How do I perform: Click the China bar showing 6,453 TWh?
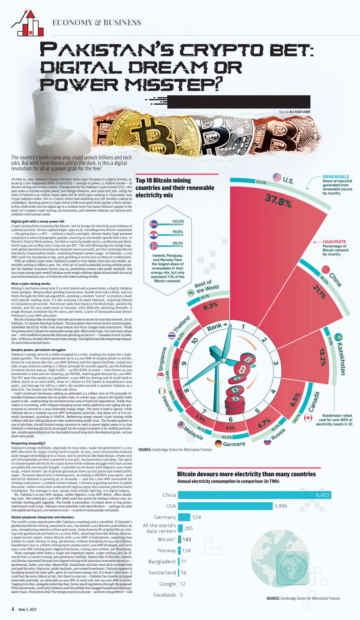point(254,495)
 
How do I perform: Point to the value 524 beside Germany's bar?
point(197,517)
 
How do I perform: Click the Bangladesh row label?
point(162,562)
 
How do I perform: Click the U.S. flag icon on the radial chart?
point(277,177)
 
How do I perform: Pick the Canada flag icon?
point(308,418)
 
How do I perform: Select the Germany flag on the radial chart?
point(219,444)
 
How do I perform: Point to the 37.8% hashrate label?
point(278,200)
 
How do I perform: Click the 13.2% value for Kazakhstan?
point(323,357)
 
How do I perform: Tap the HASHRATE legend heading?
point(334,242)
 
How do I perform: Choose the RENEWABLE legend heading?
point(336,177)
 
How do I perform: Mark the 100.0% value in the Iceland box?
point(178,222)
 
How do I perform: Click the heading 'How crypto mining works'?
point(31,284)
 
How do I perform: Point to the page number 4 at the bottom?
point(13,609)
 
